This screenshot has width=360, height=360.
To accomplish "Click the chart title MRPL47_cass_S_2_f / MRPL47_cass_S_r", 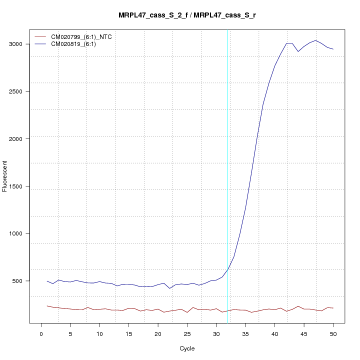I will tap(187, 15).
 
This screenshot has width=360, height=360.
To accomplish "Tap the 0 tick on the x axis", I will tap(41, 333).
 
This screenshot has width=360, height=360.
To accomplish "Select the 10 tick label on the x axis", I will tap(99, 333).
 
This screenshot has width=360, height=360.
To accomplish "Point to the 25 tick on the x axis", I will tap(187, 333).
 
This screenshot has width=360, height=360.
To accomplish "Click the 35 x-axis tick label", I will tap(245, 333).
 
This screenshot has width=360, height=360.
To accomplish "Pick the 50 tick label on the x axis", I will tap(333, 333).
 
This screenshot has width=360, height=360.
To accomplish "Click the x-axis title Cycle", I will tap(187, 348).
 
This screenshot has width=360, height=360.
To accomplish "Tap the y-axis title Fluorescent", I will tap(5, 176).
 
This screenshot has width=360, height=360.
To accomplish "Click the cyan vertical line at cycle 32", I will tap(227, 175).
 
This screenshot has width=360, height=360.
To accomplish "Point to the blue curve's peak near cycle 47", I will tap(315, 40).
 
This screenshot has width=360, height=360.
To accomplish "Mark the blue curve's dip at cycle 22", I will tap(170, 288).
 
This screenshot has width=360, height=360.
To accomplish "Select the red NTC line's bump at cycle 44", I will tap(298, 306).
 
